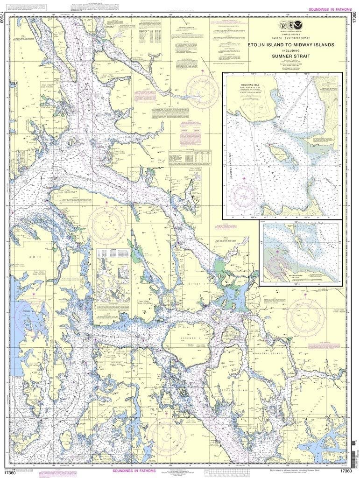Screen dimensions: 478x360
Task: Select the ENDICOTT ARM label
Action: [332, 187]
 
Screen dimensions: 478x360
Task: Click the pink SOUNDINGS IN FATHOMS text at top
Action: [325, 9]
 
